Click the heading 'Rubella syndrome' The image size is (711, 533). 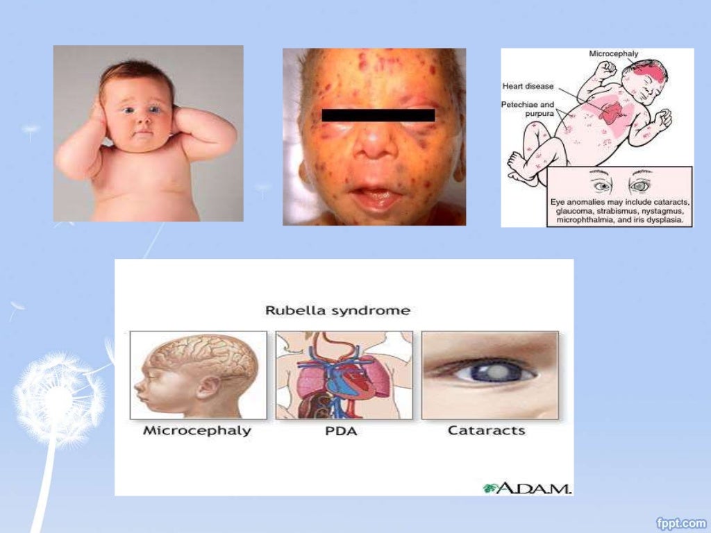pyautogui.click(x=337, y=310)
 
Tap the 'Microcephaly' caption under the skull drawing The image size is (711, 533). pyautogui.click(x=197, y=431)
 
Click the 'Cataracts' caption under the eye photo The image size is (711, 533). pyautogui.click(x=486, y=431)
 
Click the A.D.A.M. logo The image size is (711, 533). pyautogui.click(x=528, y=488)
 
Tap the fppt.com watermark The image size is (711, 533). pyautogui.click(x=681, y=521)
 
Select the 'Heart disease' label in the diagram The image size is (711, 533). pyautogui.click(x=528, y=87)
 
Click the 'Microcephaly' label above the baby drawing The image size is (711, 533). pyautogui.click(x=614, y=53)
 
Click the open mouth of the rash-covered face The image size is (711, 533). pyautogui.click(x=376, y=194)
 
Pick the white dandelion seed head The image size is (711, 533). pyautogui.click(x=59, y=398)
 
